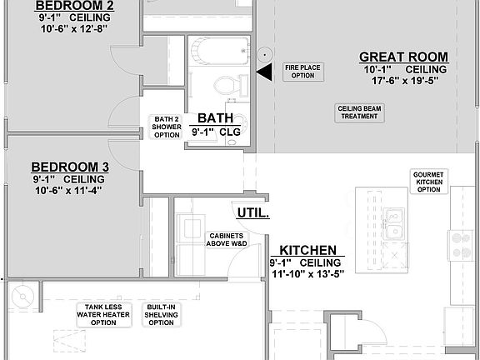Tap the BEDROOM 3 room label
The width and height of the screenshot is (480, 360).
(x=70, y=167)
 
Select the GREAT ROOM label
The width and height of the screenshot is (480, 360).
(x=403, y=57)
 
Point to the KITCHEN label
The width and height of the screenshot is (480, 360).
(x=307, y=250)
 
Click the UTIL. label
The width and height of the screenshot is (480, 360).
(x=253, y=212)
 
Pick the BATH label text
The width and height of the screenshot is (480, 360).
(x=214, y=118)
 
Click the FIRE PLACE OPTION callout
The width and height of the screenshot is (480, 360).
(x=303, y=72)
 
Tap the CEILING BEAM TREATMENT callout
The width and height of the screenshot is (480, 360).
(x=360, y=112)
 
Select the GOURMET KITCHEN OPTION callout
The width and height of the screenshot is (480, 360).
(x=428, y=182)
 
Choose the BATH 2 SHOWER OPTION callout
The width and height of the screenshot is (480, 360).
(x=167, y=127)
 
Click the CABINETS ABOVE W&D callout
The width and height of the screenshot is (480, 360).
(x=227, y=239)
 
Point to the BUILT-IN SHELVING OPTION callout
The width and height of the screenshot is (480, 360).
(x=162, y=315)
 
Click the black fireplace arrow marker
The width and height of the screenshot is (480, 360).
(x=264, y=73)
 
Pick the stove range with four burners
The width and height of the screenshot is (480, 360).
(x=461, y=243)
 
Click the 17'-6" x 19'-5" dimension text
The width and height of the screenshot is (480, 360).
(x=403, y=82)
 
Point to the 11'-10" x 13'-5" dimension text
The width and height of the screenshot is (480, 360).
(x=307, y=273)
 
